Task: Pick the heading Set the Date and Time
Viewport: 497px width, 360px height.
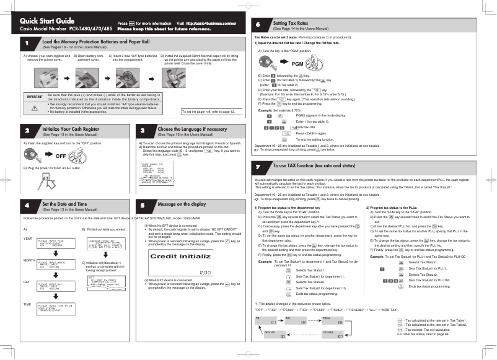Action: point(64,203)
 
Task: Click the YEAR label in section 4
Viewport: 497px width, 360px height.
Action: point(28,239)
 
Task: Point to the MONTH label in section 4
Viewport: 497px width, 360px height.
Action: point(29,260)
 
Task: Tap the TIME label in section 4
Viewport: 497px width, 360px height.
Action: point(27,304)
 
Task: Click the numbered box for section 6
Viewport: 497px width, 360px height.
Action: point(260,24)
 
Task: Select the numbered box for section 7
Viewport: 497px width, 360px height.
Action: point(260,167)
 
